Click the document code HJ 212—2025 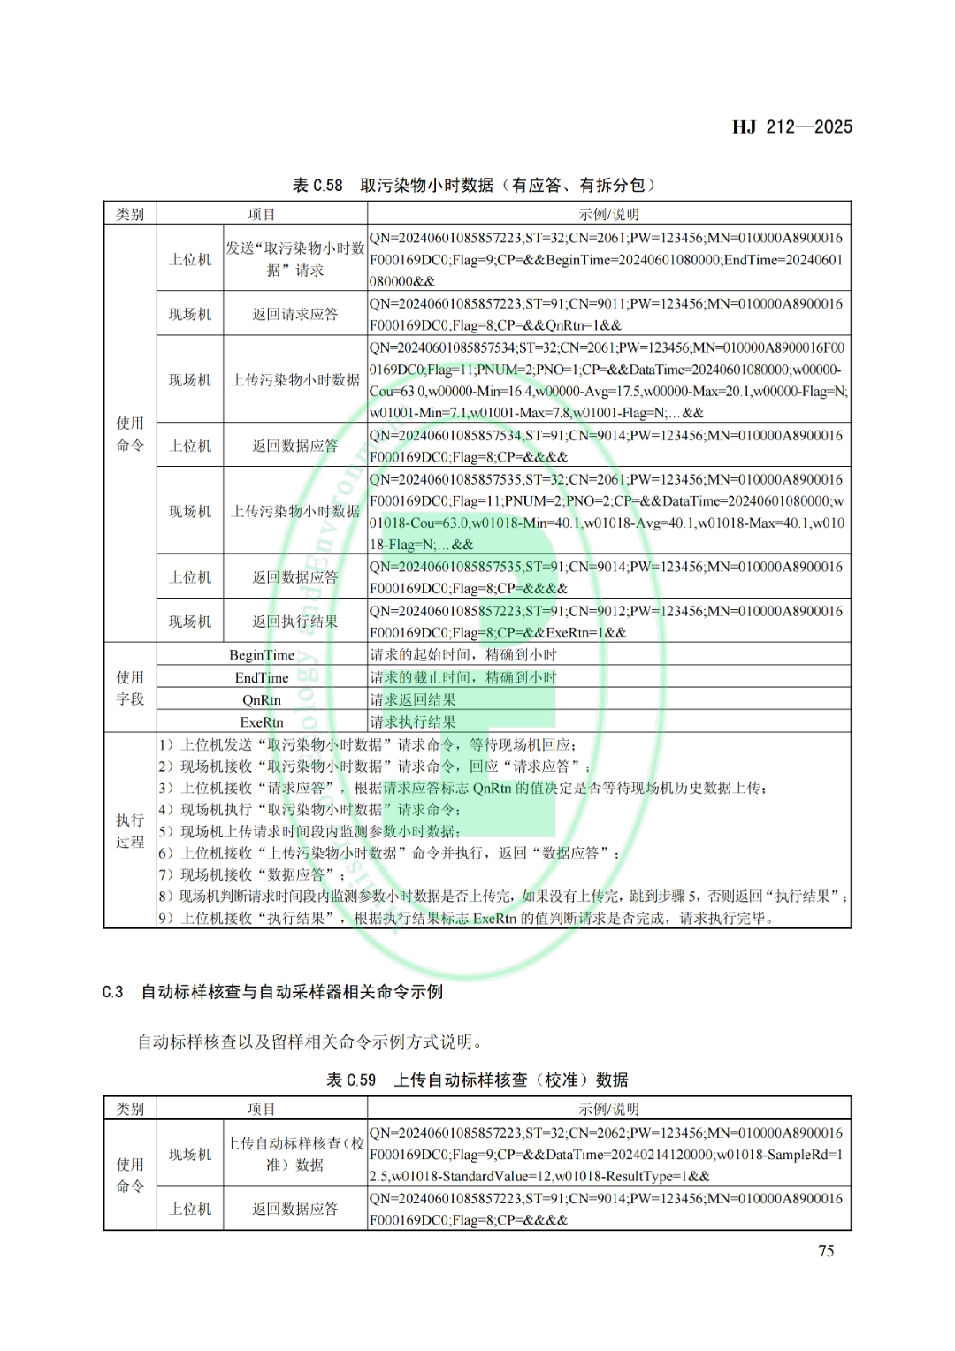(x=791, y=127)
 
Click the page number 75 (x=826, y=1251)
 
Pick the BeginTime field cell (x=262, y=655)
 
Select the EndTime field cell (x=262, y=678)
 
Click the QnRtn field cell (x=262, y=700)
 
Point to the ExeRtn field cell (x=262, y=722)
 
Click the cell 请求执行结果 (x=413, y=722)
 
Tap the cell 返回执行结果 (x=295, y=622)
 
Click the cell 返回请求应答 (x=295, y=314)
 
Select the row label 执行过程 (x=130, y=831)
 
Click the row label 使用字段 (x=130, y=688)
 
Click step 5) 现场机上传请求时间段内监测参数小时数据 (x=309, y=832)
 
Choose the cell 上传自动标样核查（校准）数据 (x=295, y=1154)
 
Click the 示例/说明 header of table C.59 (x=608, y=1109)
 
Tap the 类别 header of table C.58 (x=130, y=214)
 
